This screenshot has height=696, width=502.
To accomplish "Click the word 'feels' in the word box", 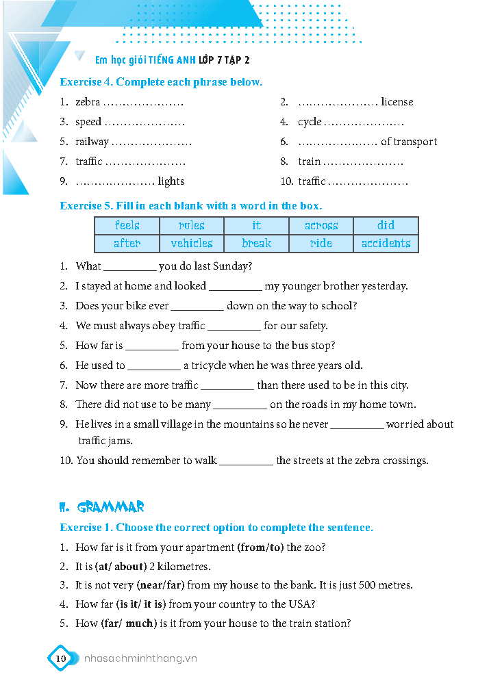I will pyautogui.click(x=127, y=225).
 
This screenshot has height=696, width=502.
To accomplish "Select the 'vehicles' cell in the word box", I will pyautogui.click(x=192, y=243).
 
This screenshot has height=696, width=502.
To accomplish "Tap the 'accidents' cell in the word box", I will pyautogui.click(x=386, y=243).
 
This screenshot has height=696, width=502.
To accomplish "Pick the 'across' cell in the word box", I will pyautogui.click(x=321, y=225).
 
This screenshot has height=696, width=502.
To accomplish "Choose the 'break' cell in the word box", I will pyautogui.click(x=256, y=243).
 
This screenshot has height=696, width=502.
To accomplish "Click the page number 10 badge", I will pyautogui.click(x=60, y=658).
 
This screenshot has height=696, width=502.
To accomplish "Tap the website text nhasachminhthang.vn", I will pyautogui.click(x=140, y=658).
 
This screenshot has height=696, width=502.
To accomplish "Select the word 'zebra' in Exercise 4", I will pyautogui.click(x=88, y=102).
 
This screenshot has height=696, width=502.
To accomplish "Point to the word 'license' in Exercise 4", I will pyautogui.click(x=397, y=102).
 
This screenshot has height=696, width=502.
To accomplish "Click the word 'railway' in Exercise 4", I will pyautogui.click(x=92, y=142).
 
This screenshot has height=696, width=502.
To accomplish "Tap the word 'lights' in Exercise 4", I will pyautogui.click(x=171, y=181).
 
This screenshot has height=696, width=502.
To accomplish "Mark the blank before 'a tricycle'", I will pyautogui.click(x=153, y=366).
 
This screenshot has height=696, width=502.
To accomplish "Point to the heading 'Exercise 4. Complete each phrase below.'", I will pyautogui.click(x=161, y=82).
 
